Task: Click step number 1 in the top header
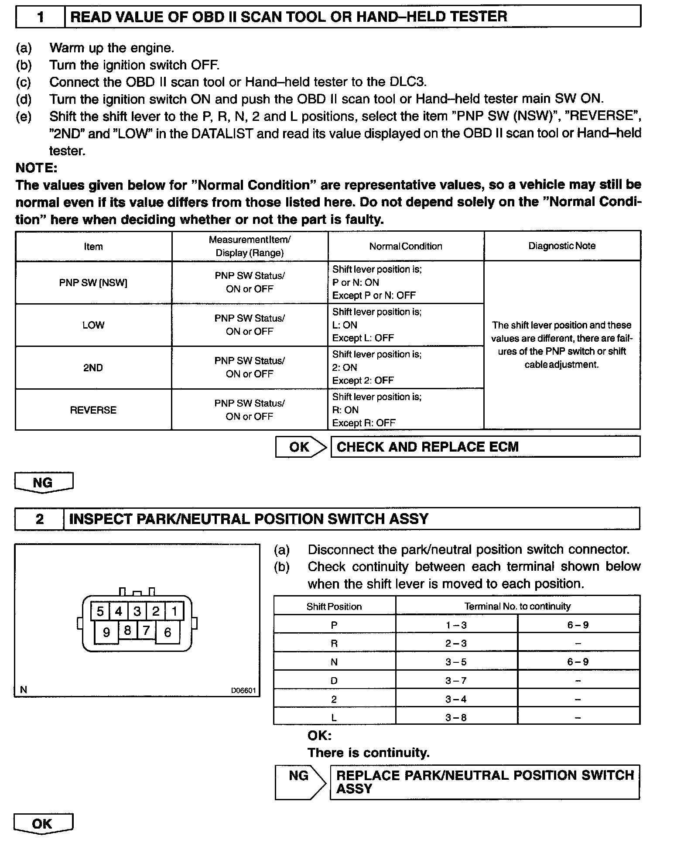pos(41,17)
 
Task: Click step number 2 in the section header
pos(40,519)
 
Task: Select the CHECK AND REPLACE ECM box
pos(485,447)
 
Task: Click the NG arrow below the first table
pos(43,483)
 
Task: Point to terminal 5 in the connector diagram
pos(100,611)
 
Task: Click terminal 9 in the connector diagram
pos(106,632)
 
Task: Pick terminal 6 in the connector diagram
pos(168,632)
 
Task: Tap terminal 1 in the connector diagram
pos(174,611)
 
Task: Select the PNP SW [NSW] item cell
pos(93,283)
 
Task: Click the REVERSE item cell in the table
pos(93,410)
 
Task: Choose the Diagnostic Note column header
pos(562,246)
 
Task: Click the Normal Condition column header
pos(406,247)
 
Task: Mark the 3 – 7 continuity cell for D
pos(456,681)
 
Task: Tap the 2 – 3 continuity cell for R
pos(456,644)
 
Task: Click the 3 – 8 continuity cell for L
pos(456,718)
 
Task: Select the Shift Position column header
pos(334,607)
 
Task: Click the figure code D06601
pos(243,691)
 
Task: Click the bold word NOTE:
pos(36,168)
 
